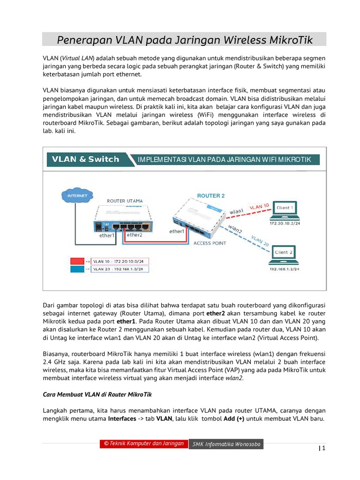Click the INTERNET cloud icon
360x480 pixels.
[77, 195]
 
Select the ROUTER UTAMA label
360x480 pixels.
[125, 201]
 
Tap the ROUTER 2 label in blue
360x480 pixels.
[210, 195]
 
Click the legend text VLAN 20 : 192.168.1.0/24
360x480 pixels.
[120, 270]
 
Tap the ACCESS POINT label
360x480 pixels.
[210, 243]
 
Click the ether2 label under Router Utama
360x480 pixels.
[134, 235]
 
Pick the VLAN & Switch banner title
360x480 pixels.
[85, 159]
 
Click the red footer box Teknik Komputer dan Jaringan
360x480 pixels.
[143, 444]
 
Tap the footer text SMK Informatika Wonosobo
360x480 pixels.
[226, 444]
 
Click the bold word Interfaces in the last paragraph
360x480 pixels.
[122, 418]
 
